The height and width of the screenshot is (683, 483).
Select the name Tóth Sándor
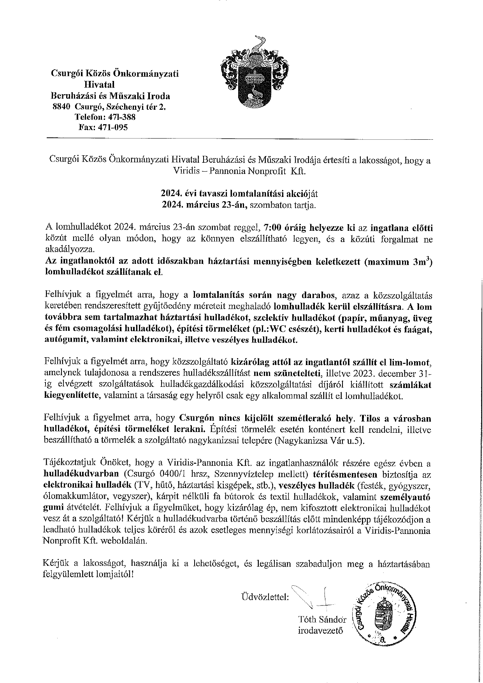click(322, 619)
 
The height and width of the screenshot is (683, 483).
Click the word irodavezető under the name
click(320, 630)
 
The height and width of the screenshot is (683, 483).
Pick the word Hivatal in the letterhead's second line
click(99, 84)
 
